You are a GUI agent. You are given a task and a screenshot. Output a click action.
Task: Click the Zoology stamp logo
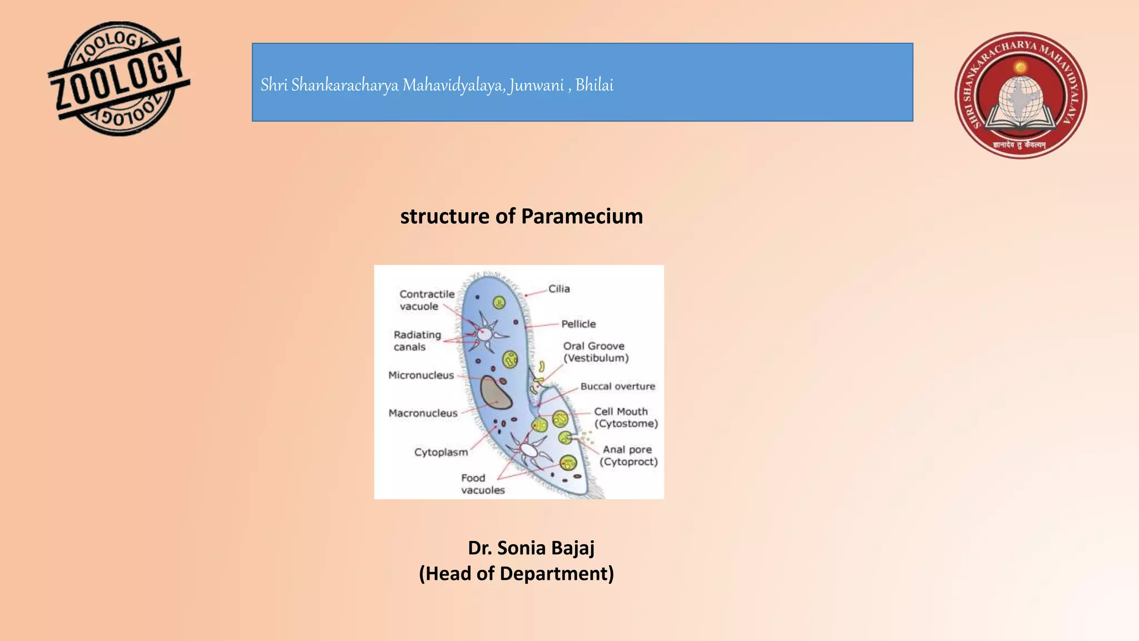[x=118, y=78]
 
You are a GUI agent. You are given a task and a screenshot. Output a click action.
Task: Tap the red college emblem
[x=1021, y=95]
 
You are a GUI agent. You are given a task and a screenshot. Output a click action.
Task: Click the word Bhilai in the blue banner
[x=594, y=85]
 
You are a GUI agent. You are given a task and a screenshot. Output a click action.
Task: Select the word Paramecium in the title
[x=582, y=216]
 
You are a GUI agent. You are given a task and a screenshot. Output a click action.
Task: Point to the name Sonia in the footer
[x=521, y=548]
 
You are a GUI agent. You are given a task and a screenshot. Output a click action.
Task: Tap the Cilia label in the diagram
[x=559, y=289]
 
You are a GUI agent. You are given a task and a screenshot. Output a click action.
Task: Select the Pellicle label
[x=578, y=324]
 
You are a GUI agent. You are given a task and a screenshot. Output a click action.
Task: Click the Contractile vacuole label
[x=427, y=300]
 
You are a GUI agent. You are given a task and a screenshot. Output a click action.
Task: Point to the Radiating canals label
[x=417, y=341]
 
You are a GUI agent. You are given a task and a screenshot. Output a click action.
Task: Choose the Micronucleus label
[x=421, y=376]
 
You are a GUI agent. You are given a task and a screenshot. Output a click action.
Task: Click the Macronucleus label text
[x=423, y=413]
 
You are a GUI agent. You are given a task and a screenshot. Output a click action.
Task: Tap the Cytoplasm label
[x=441, y=452]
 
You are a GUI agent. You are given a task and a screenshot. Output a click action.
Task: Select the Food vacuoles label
[x=482, y=484]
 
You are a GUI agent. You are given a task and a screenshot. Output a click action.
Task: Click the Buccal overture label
[x=617, y=387]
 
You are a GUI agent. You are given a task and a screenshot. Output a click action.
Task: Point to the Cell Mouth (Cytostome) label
[x=625, y=417]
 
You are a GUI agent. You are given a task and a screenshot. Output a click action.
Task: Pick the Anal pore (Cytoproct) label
[x=628, y=456]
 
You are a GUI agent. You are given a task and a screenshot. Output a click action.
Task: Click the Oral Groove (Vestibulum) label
[x=596, y=352]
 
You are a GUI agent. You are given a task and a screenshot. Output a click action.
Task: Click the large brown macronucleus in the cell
[x=495, y=393]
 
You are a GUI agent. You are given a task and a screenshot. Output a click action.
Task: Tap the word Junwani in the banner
[x=536, y=85]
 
